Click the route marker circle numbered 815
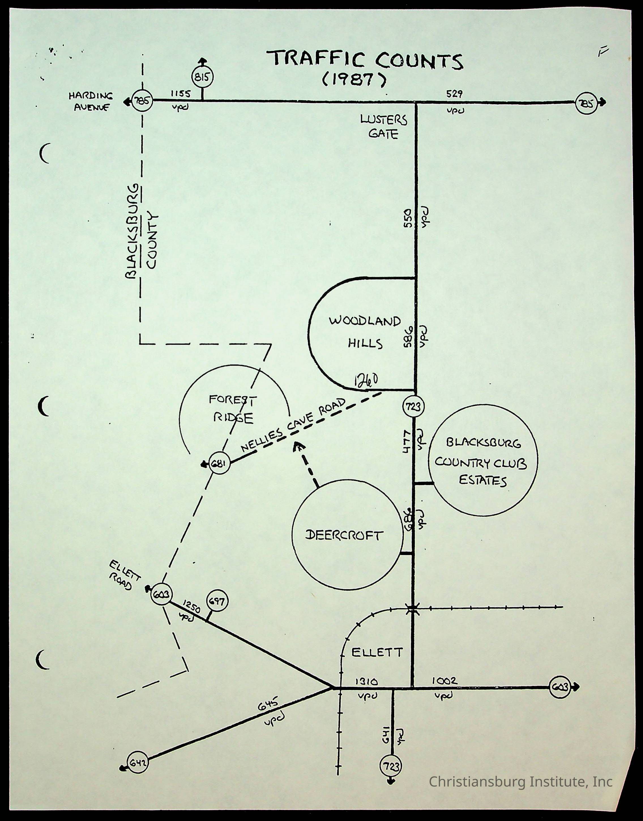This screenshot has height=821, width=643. click(202, 78)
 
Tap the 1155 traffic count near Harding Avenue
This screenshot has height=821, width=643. click(181, 94)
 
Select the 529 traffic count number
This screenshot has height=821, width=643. click(454, 94)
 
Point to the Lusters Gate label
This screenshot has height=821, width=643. click(384, 127)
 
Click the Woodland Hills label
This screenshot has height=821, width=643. click(365, 332)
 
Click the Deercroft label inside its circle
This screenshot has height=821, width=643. click(344, 535)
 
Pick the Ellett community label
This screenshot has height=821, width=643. click(377, 652)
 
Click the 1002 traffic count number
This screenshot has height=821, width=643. click(444, 681)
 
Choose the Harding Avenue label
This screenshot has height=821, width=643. click(91, 102)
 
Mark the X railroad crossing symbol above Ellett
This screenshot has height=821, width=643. click(413, 608)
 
